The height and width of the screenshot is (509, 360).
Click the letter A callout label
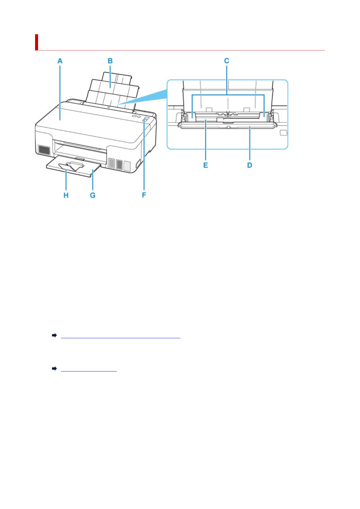(60, 61)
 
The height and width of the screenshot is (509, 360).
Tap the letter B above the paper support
(110, 61)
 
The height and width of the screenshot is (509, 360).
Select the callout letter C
(227, 61)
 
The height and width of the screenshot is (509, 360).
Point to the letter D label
(250, 165)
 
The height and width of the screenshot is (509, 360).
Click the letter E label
(206, 165)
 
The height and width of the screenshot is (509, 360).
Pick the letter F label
(144, 195)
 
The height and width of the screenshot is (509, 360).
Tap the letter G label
(92, 195)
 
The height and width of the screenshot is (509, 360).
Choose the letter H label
(66, 195)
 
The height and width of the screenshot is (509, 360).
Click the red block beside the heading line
(36, 42)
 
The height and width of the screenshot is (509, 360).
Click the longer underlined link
(120, 336)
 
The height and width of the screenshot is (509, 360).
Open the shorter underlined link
(89, 369)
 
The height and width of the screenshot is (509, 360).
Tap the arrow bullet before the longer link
(54, 336)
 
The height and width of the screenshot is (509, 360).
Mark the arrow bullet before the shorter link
(54, 369)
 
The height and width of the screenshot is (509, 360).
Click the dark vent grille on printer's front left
(44, 150)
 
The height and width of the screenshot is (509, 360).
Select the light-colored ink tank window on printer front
(127, 165)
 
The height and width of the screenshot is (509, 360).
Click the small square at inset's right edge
(283, 133)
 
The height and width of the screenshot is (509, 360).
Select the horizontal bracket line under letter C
(228, 95)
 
